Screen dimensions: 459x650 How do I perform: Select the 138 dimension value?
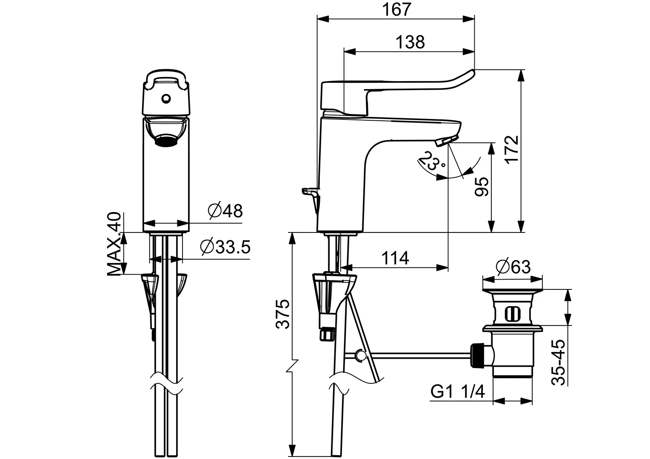[x=410, y=42]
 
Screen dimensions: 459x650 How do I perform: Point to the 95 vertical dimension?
[x=482, y=186]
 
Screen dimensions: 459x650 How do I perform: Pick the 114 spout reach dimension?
[x=394, y=258]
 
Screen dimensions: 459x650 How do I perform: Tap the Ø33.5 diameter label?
[x=225, y=246]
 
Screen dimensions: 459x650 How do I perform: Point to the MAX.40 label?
[x=114, y=244]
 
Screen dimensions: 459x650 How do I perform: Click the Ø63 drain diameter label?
[x=513, y=267]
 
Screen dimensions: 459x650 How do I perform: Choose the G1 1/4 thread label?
[x=457, y=391]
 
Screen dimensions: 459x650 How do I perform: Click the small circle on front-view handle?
[x=165, y=99]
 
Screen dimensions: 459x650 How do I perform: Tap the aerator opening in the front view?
[x=165, y=140]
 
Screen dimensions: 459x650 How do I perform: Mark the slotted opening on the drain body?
[x=512, y=314]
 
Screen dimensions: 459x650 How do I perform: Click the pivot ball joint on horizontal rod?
[x=361, y=355]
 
